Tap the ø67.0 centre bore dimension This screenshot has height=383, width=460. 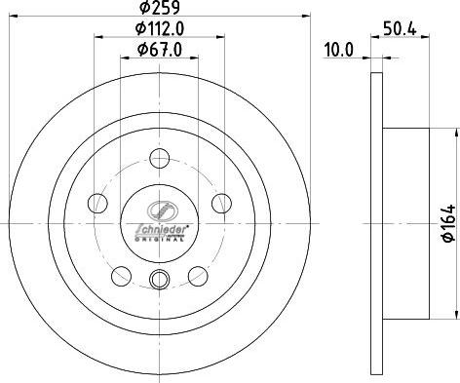point(159,50)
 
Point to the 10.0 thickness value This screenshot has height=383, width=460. point(339,49)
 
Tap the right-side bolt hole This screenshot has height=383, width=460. point(221,203)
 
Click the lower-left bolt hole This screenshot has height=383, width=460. point(122,274)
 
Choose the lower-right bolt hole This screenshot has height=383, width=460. point(197,274)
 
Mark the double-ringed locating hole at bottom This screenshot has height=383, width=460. point(159,282)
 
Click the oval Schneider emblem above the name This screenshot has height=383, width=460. point(159,209)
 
